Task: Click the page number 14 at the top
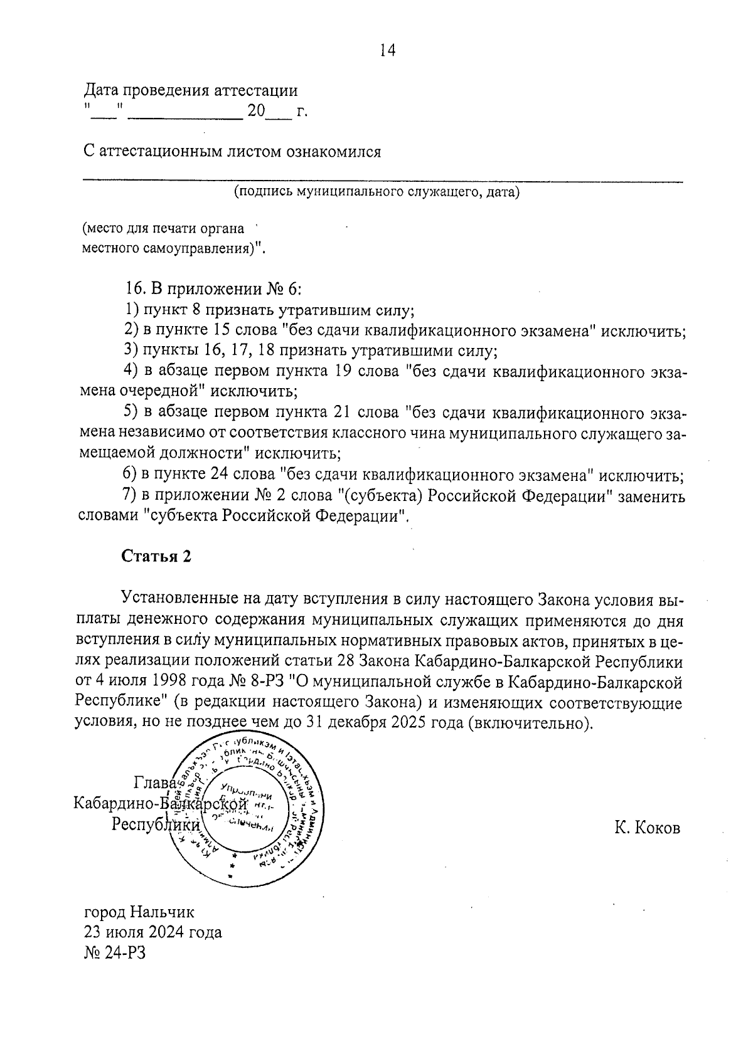point(387,51)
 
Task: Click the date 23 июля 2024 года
point(153,932)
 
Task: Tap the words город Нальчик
point(139,911)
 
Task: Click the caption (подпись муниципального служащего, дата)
point(376,192)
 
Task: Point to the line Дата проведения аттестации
point(191,91)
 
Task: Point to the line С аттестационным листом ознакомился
point(232,152)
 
